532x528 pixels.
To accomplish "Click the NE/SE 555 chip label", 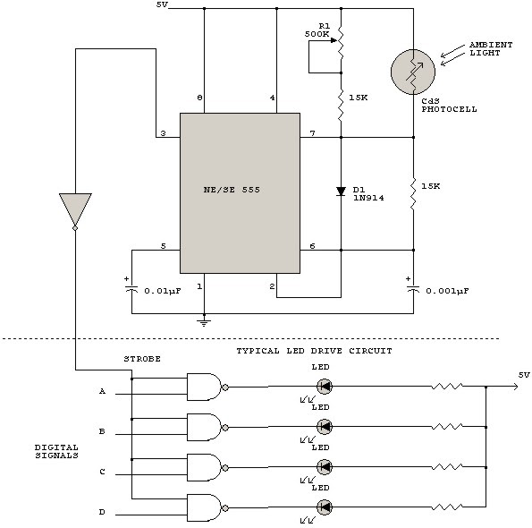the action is [x=232, y=190].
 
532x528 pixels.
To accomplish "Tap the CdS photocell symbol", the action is [x=413, y=72].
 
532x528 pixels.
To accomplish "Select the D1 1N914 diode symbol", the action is [x=341, y=192].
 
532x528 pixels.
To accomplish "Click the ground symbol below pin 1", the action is [x=204, y=322].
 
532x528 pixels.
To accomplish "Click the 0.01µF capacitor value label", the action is [x=163, y=292].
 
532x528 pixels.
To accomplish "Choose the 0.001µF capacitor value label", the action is [x=448, y=292].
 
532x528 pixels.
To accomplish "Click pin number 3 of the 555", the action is [x=164, y=133].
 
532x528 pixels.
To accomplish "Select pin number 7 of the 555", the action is [x=312, y=133].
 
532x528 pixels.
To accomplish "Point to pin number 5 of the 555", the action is [x=164, y=246].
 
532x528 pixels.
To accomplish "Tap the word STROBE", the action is [x=142, y=359].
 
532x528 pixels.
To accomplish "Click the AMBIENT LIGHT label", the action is [x=491, y=49].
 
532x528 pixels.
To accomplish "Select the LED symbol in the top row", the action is [x=325, y=387].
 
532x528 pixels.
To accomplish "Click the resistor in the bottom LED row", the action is [x=447, y=507].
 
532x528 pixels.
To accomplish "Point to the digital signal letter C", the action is [x=102, y=472].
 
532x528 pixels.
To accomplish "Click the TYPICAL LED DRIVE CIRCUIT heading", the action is [x=314, y=351].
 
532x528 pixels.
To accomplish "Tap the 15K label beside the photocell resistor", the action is [x=431, y=186].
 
